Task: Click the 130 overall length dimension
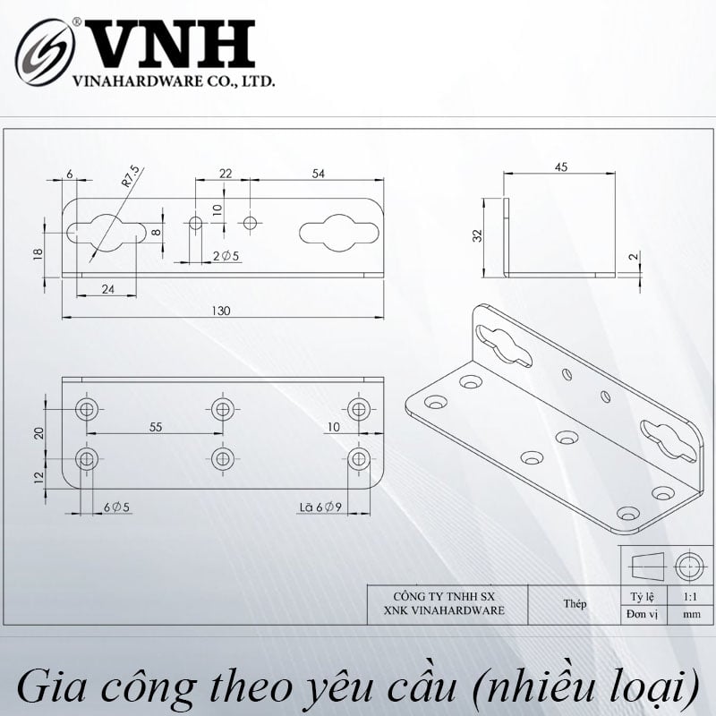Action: [220, 311]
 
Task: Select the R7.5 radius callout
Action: [130, 176]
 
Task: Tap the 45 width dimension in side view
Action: [561, 167]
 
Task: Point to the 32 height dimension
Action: [477, 235]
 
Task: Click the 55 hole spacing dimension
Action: [156, 427]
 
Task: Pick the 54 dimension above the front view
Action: [319, 174]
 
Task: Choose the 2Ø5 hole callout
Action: [226, 256]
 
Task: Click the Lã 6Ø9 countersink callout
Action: [320, 507]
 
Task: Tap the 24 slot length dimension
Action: [107, 289]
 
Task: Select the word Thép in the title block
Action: [575, 603]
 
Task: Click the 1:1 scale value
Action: [690, 597]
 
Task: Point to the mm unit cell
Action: [691, 614]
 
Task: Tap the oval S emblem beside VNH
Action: [45, 52]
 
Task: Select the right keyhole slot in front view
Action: [339, 233]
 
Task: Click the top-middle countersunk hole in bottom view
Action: [222, 409]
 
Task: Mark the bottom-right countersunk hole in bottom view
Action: [359, 458]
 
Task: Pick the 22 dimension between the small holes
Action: [226, 174]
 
